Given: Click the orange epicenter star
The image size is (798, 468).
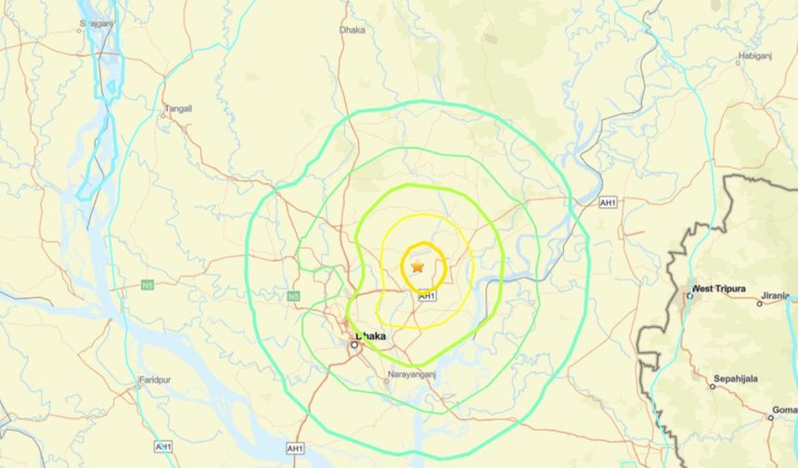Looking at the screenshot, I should tap(418, 266).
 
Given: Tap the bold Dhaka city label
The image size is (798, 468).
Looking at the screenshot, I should tap(370, 335).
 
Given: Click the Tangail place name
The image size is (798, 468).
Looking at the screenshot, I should tap(178, 108).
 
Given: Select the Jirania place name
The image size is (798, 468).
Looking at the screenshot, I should tap(775, 295).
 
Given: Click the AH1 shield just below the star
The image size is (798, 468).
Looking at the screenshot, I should tap(426, 296).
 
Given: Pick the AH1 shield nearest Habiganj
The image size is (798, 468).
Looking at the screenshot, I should tap(608, 202).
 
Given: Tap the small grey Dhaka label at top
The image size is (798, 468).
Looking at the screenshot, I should tap(353, 30).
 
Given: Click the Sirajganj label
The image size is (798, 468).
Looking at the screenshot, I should tap(96, 21).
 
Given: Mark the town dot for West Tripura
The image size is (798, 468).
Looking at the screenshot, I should tap(690, 295).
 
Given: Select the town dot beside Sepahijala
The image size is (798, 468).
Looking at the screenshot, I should tap(713, 386).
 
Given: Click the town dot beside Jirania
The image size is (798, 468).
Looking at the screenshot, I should tap(759, 303).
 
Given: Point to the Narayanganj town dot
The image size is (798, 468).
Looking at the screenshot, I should tap(388, 381).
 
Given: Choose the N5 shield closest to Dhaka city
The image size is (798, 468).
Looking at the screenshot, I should tap(294, 296).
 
